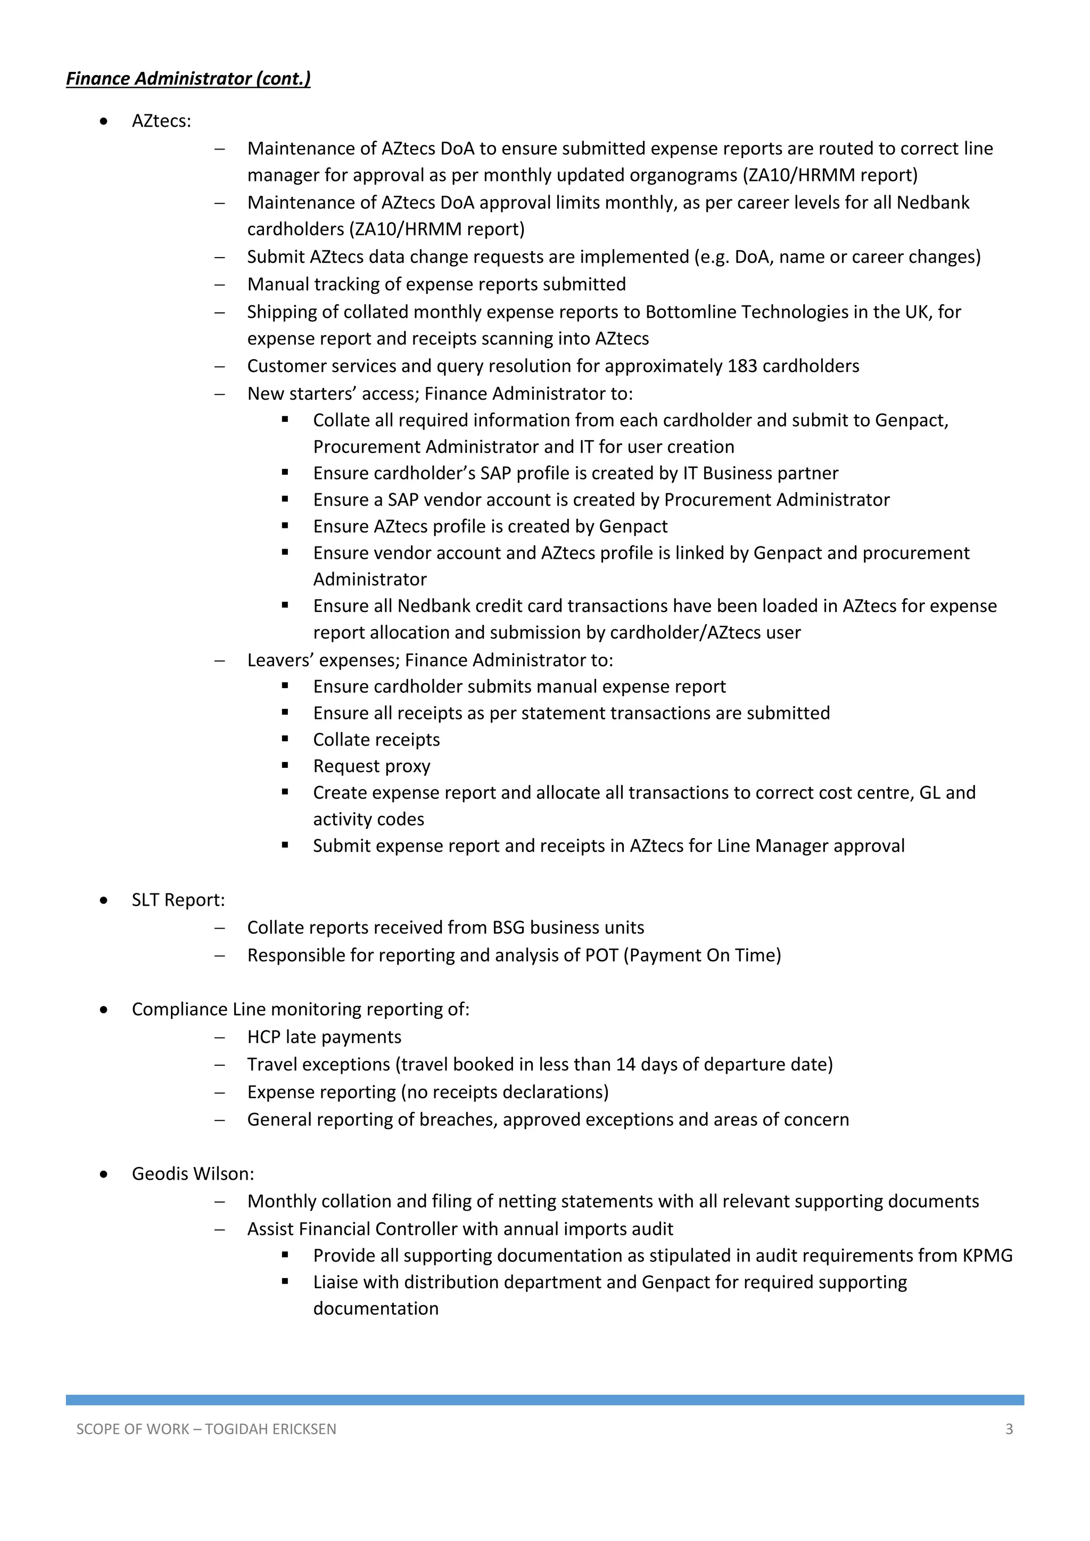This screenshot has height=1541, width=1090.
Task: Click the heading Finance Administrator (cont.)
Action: (188, 79)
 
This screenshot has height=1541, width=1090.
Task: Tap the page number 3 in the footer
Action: (1009, 1429)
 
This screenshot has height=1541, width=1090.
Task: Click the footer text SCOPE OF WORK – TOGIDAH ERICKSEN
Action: (206, 1429)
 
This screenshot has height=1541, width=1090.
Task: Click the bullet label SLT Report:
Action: (178, 900)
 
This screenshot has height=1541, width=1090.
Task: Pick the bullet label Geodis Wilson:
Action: (193, 1173)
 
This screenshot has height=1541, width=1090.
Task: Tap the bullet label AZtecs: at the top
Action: (161, 121)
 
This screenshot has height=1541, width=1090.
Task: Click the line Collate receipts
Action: (376, 740)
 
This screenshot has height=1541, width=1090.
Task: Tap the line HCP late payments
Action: (324, 1037)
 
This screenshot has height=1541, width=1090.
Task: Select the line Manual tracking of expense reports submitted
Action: (436, 284)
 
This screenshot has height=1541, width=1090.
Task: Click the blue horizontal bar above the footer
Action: (544, 1399)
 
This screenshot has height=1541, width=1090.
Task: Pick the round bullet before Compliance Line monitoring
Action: (103, 1010)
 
